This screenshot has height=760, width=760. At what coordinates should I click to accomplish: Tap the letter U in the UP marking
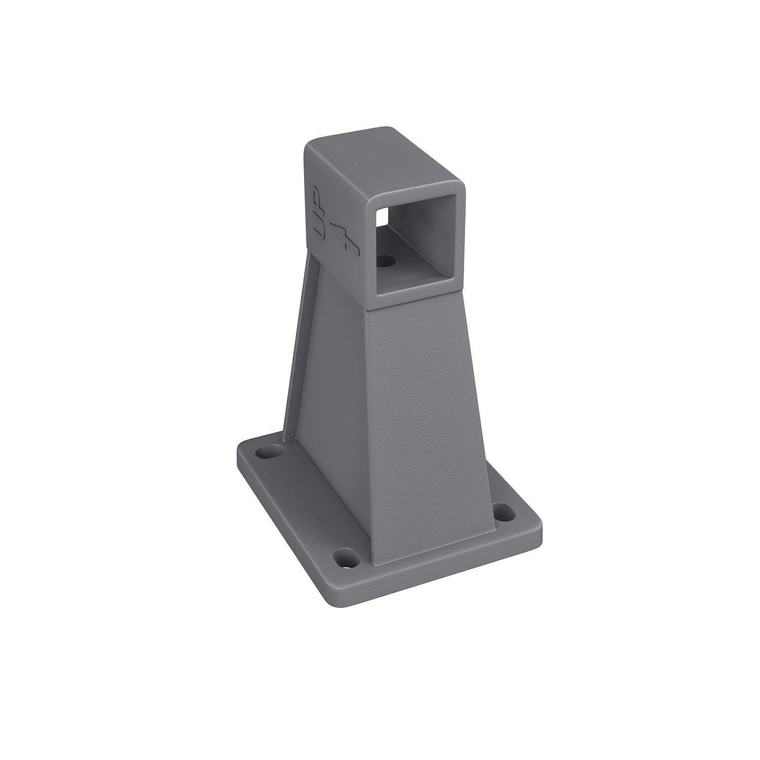318,227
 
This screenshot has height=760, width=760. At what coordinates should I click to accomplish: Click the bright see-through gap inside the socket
382,216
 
